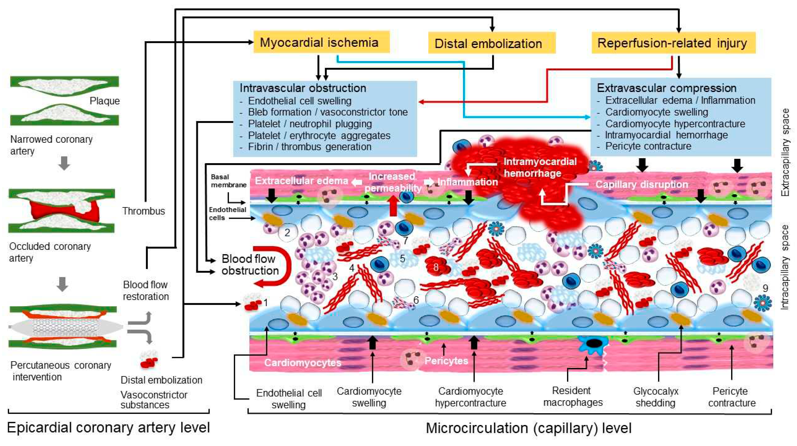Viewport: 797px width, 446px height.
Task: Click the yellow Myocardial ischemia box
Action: coord(321,42)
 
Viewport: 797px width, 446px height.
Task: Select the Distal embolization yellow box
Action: coord(492,43)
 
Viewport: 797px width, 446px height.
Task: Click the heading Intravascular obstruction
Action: coord(303,88)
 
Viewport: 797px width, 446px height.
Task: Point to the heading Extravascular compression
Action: coord(666,88)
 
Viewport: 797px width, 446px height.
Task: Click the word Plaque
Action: coord(105,101)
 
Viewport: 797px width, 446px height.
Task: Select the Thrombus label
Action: coord(144,211)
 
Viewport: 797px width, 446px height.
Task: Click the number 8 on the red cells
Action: coord(436,267)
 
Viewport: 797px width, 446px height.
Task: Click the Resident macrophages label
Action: coord(573,396)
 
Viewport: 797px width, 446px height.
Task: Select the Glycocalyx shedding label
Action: coord(656,397)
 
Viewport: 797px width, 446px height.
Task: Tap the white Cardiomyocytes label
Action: coord(303,363)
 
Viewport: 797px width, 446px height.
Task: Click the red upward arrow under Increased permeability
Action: coord(393,206)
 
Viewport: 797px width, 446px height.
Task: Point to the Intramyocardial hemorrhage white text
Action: coord(540,167)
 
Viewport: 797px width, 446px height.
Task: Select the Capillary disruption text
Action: coord(642,184)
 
